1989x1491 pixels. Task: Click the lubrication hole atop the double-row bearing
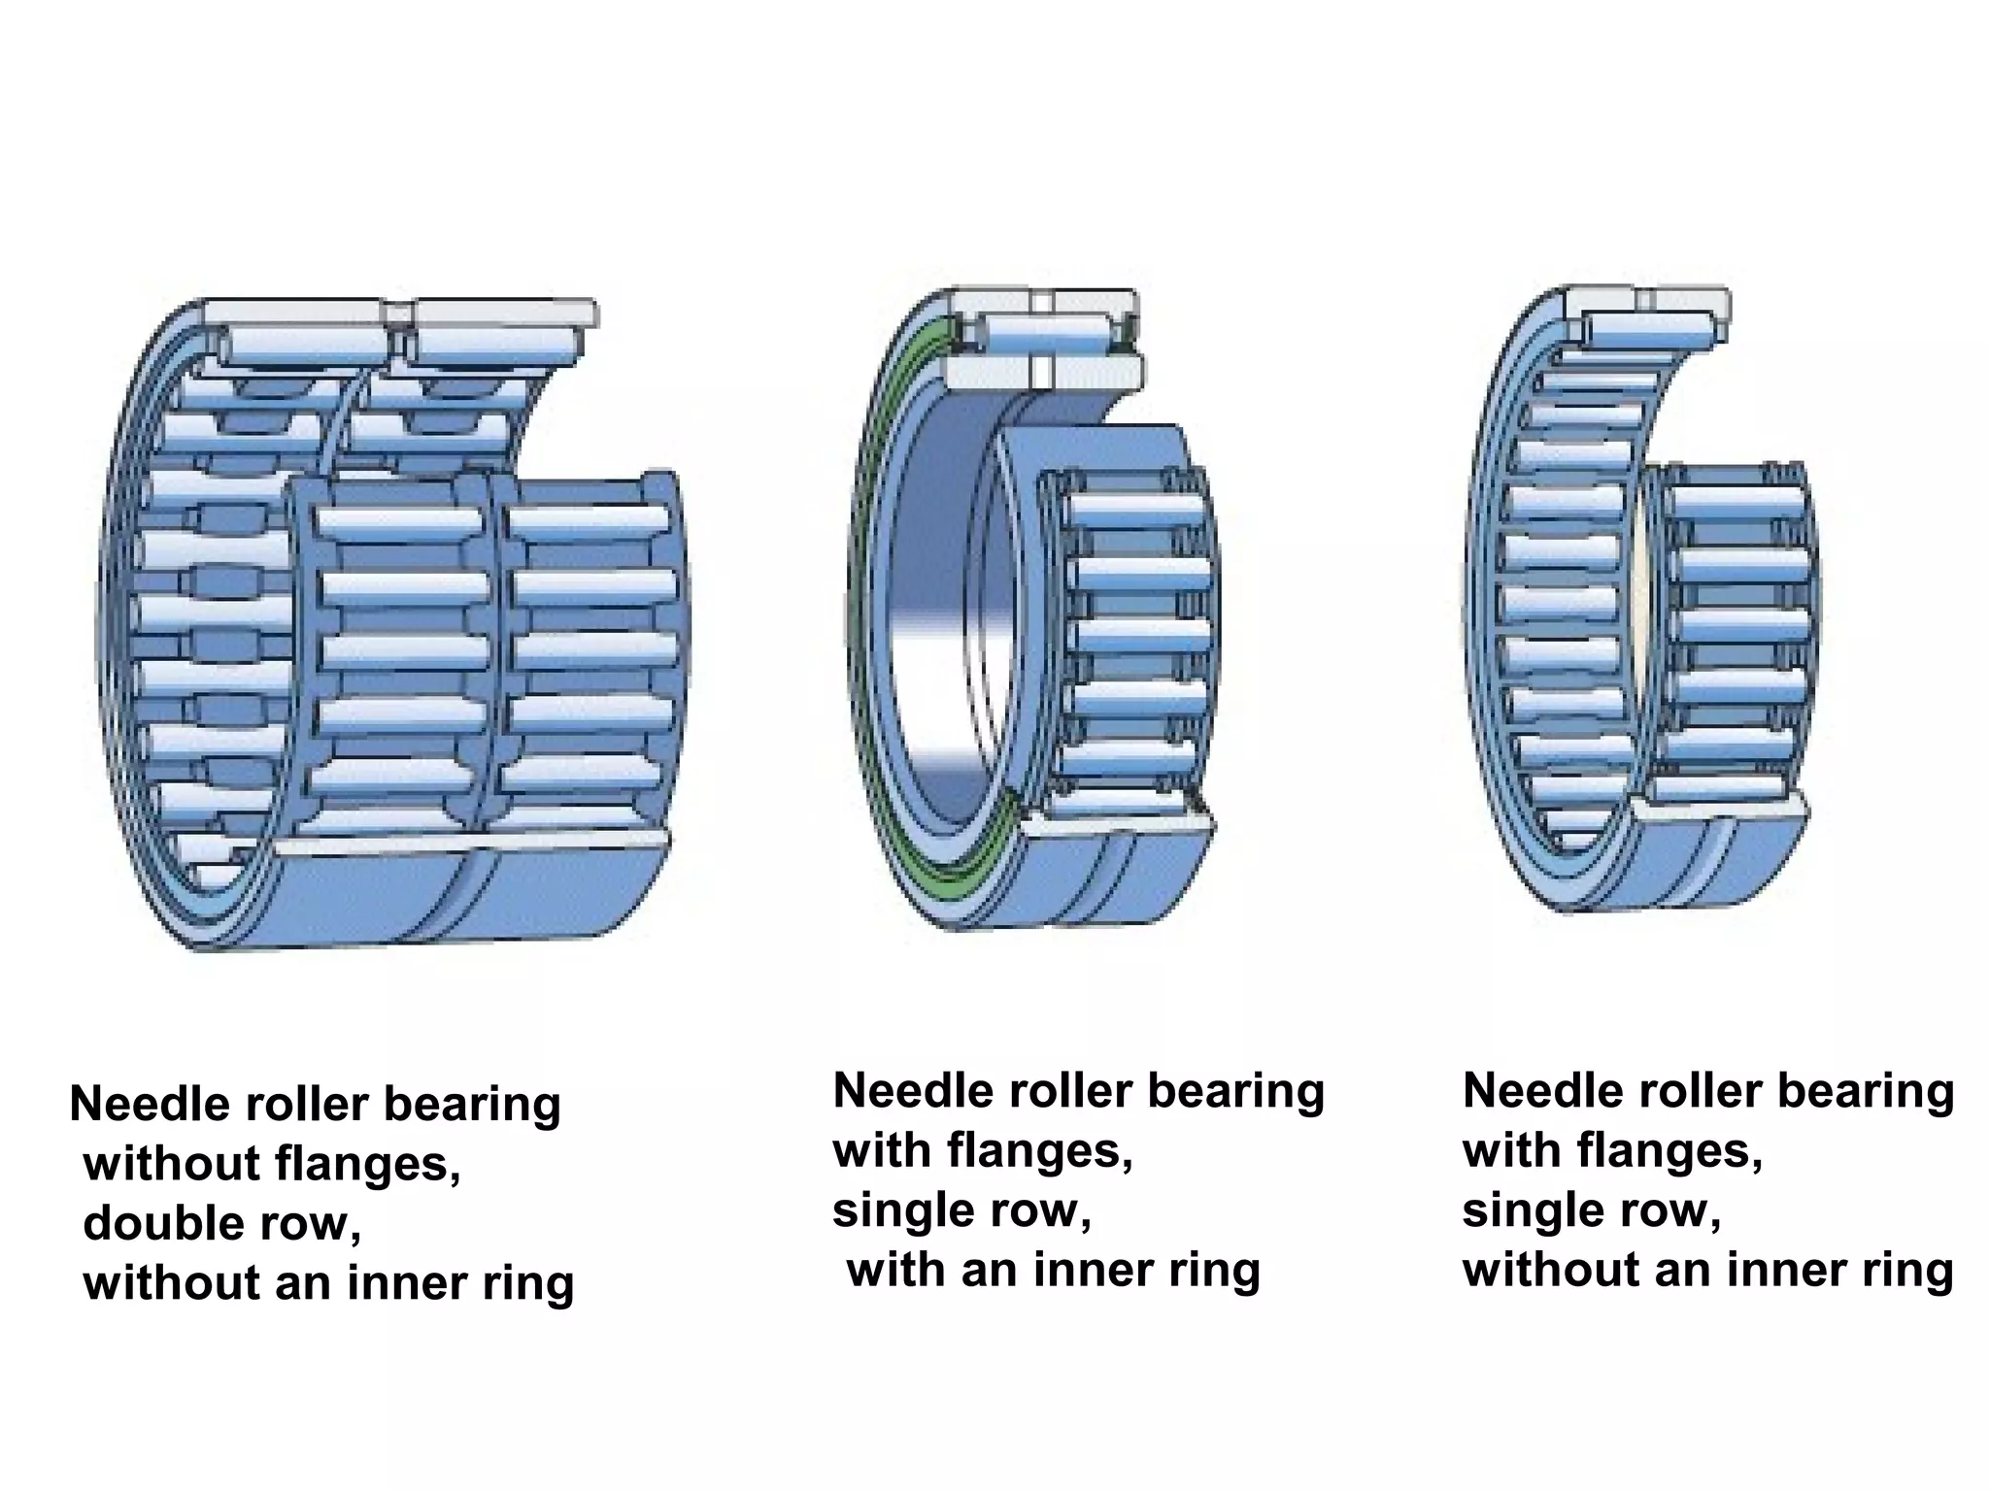(x=396, y=314)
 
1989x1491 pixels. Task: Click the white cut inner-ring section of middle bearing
(x=991, y=373)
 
